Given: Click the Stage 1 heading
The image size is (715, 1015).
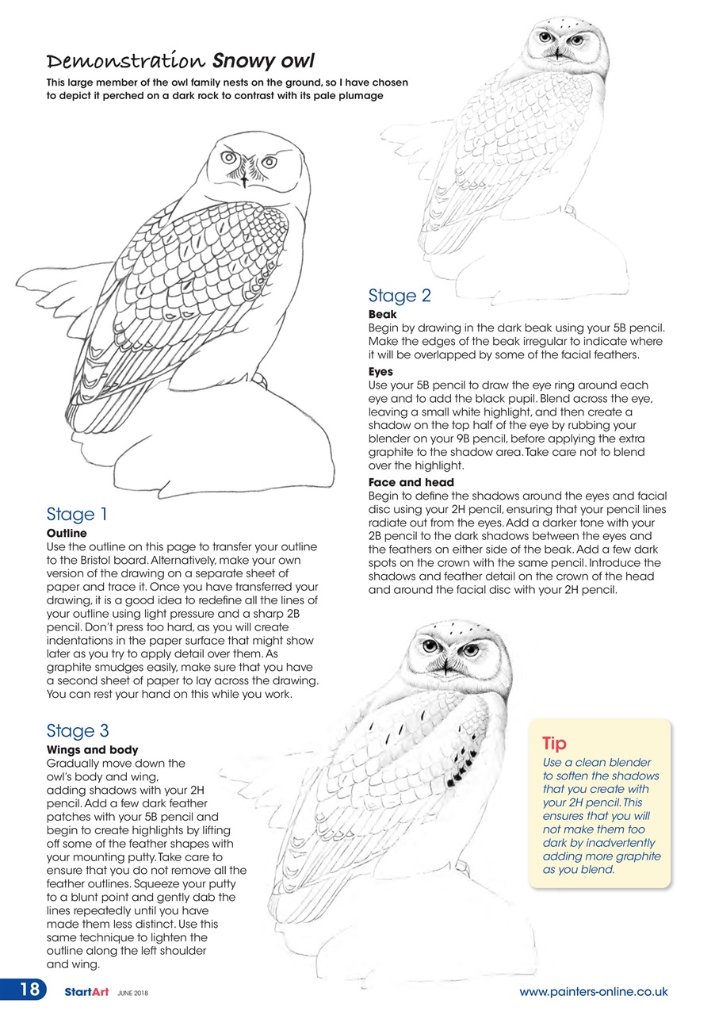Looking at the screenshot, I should pyautogui.click(x=77, y=514).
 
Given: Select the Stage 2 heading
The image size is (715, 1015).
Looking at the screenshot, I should pyautogui.click(x=400, y=296).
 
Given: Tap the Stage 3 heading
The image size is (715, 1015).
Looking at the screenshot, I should pyautogui.click(x=77, y=730).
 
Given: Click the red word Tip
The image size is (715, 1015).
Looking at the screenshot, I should pyautogui.click(x=554, y=743).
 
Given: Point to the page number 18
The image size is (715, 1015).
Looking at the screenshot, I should pyautogui.click(x=29, y=990).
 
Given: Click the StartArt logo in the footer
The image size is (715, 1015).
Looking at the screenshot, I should pyautogui.click(x=87, y=992).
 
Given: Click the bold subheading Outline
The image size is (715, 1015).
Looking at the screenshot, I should pyautogui.click(x=67, y=534).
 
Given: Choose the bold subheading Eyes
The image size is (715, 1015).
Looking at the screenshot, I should pyautogui.click(x=380, y=371).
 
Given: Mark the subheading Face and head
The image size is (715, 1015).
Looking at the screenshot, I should pyautogui.click(x=411, y=482).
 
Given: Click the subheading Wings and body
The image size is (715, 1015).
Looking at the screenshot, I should pyautogui.click(x=92, y=749).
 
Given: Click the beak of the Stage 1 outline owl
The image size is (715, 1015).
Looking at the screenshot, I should pyautogui.click(x=246, y=178).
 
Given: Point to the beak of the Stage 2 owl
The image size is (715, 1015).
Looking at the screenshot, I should pyautogui.click(x=557, y=53).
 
